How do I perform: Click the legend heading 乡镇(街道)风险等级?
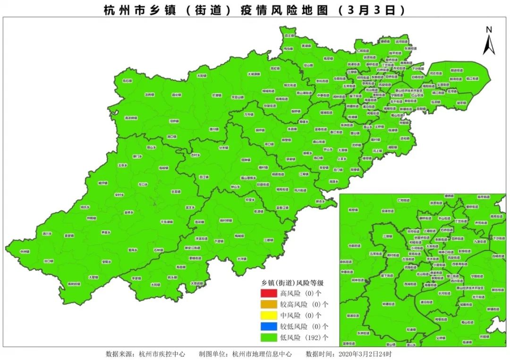[292, 283]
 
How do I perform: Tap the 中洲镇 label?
[25, 251]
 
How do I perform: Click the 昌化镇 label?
[176, 95]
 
